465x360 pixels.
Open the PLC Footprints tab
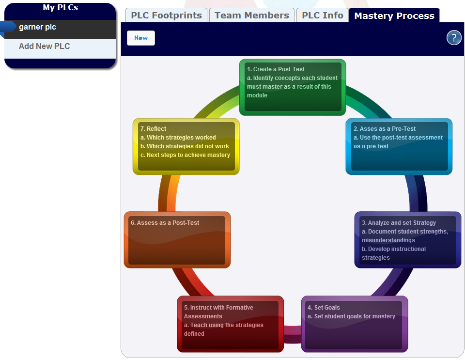[166, 16]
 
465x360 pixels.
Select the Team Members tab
[251, 16]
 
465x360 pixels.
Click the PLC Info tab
[322, 16]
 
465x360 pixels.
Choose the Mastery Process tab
[394, 16]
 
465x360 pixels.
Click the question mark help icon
[453, 38]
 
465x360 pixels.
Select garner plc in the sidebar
[37, 27]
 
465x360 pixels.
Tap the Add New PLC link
[44, 47]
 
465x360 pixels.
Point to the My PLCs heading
[60, 8]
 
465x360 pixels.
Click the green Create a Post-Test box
[292, 87]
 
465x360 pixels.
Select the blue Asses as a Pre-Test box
[399, 146]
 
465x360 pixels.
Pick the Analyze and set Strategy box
[407, 240]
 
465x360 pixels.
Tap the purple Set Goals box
[354, 324]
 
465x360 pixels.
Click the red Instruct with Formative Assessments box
[230, 324]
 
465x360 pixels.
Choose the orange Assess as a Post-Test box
[177, 240]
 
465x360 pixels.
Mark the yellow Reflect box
[186, 146]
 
